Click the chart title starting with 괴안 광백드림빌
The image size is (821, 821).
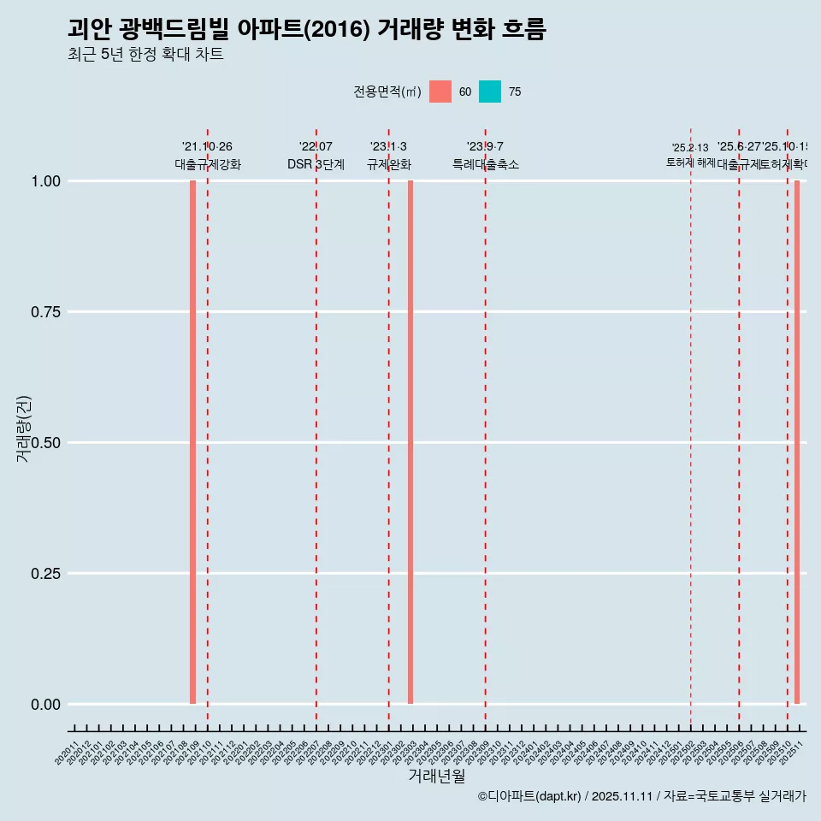(x=306, y=29)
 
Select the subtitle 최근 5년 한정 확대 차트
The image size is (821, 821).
(x=145, y=55)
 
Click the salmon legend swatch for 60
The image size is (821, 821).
(x=440, y=92)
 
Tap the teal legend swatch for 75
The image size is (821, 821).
(x=490, y=92)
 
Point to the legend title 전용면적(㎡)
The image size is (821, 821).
(x=387, y=92)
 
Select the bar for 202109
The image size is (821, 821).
(x=193, y=442)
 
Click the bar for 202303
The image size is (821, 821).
(x=410, y=442)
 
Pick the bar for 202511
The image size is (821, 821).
(x=797, y=442)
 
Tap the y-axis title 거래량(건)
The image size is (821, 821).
(x=24, y=428)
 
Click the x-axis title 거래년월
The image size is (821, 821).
(x=436, y=776)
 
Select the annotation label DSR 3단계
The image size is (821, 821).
(x=316, y=164)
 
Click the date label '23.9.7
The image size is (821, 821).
(x=485, y=146)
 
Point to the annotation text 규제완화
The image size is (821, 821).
(x=389, y=164)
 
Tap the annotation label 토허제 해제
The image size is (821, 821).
(x=690, y=162)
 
